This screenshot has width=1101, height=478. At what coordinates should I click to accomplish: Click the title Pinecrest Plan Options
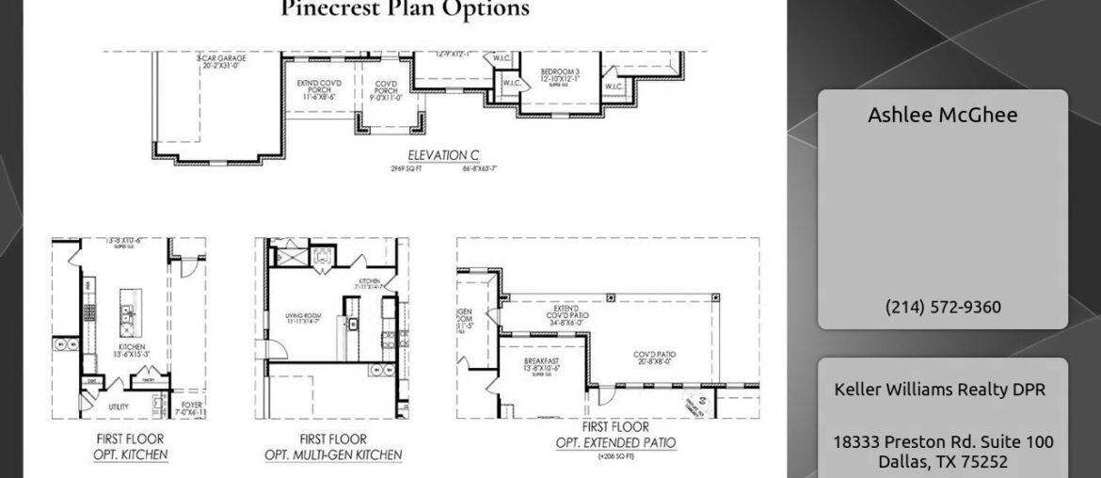click(405, 9)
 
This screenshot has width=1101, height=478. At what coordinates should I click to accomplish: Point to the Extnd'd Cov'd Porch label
click(319, 89)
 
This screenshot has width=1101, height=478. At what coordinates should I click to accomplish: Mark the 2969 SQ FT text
click(409, 168)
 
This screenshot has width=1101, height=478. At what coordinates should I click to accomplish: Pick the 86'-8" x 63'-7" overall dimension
click(479, 168)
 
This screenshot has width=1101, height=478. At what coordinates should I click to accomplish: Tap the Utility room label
click(119, 406)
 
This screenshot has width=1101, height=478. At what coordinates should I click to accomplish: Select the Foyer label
click(191, 406)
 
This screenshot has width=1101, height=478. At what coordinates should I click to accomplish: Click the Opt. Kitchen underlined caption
click(131, 455)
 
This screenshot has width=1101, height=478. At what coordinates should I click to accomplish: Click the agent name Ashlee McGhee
click(942, 115)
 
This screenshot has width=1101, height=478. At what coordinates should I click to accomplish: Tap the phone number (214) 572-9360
click(942, 307)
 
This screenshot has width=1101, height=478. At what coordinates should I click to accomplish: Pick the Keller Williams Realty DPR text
click(942, 390)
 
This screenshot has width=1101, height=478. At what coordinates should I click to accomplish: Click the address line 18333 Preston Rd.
click(942, 442)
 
